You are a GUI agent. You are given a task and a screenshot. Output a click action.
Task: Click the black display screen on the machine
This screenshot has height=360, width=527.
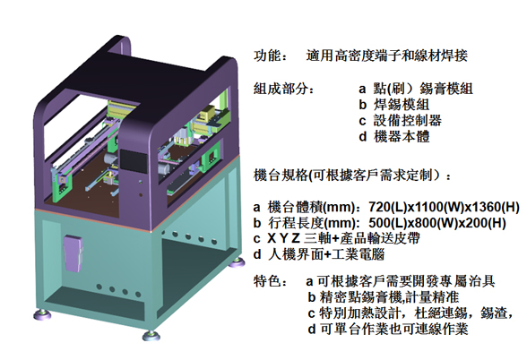134,161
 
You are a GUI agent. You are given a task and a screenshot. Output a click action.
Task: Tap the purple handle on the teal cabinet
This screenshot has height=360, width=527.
73,253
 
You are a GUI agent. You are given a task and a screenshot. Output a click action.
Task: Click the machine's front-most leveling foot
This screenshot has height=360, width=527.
151,336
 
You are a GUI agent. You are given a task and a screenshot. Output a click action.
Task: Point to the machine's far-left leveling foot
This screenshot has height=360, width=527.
42,314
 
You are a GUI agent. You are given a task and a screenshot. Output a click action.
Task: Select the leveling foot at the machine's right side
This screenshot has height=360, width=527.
237,262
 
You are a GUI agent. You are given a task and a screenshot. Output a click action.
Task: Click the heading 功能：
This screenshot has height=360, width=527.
271,56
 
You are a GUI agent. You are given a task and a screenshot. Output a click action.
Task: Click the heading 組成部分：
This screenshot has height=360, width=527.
284,89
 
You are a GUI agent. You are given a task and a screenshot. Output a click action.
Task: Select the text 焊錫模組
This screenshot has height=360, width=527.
402,105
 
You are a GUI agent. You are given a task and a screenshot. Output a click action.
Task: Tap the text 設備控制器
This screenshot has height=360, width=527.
407,121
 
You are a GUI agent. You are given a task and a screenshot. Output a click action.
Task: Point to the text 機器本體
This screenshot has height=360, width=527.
402,137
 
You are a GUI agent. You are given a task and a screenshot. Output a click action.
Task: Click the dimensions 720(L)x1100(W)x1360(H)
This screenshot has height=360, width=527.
444,207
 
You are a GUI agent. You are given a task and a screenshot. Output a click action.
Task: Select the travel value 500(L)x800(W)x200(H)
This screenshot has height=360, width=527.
437,223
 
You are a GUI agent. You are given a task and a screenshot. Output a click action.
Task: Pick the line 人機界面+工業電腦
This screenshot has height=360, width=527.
326,254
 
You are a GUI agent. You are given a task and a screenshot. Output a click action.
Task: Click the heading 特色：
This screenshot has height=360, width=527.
271,281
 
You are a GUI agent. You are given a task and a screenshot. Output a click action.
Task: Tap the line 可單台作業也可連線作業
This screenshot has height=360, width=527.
394,329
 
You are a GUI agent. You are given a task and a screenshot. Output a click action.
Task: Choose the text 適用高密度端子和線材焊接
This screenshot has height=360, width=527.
387,56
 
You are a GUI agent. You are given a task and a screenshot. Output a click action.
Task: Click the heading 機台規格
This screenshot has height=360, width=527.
281,175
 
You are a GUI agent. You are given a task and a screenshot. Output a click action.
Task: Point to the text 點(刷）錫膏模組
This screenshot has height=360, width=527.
423,89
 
